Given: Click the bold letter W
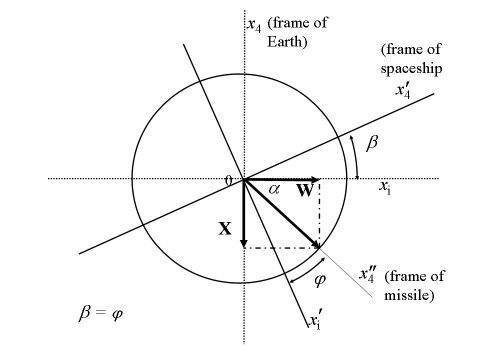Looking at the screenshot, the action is pyautogui.click(x=305, y=190).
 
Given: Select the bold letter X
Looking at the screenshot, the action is pyautogui.click(x=225, y=229).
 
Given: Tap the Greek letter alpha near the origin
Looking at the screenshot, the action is pyautogui.click(x=274, y=189).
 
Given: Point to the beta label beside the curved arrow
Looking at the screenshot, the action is pyautogui.click(x=372, y=143).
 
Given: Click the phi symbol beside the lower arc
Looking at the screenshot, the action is pyautogui.click(x=320, y=280).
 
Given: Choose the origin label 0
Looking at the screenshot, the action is pyautogui.click(x=228, y=180).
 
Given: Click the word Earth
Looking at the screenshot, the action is pyautogui.click(x=287, y=42).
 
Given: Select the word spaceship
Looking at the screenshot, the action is pyautogui.click(x=411, y=69).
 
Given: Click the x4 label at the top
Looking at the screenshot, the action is pyautogui.click(x=254, y=25).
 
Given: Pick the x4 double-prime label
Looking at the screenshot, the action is pyautogui.click(x=367, y=274).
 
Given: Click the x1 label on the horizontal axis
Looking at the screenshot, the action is pyautogui.click(x=385, y=187).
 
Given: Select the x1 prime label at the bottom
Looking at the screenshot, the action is pyautogui.click(x=315, y=321).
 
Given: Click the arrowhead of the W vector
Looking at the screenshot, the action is pyautogui.click(x=316, y=179).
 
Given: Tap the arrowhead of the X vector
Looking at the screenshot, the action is pyautogui.click(x=244, y=243).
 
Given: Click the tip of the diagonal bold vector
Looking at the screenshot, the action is pyautogui.click(x=319, y=248).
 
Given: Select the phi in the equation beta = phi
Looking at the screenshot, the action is pyautogui.click(x=116, y=314).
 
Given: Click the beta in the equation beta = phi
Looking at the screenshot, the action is pyautogui.click(x=85, y=313).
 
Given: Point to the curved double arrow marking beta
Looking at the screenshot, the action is pyautogui.click(x=356, y=157).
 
